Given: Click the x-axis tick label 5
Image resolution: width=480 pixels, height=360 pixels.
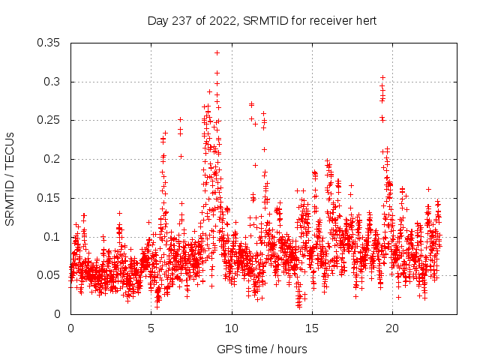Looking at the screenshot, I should click(x=151, y=328).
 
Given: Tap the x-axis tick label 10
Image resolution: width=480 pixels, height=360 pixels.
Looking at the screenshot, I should click(x=232, y=328).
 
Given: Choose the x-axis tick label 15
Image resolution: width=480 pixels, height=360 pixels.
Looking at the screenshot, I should click(x=313, y=328).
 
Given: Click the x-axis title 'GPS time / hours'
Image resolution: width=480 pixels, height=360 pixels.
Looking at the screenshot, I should click(x=262, y=349).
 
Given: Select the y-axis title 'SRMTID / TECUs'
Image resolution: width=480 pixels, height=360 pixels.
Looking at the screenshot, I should click(x=10, y=178).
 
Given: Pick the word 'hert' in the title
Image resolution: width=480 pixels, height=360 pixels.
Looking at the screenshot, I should click(x=365, y=19).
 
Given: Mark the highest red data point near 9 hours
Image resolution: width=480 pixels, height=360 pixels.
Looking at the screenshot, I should click(x=217, y=53).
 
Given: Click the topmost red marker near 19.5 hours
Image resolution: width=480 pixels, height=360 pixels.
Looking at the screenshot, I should click(x=382, y=77).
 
